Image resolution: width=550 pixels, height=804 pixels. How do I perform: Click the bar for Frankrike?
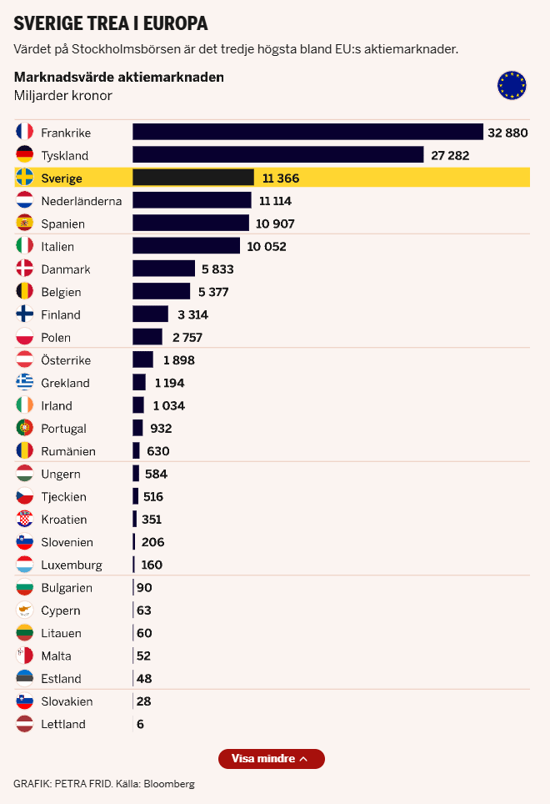307,132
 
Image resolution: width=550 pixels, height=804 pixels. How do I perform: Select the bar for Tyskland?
278,154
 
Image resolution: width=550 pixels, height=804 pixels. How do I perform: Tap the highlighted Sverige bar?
193,178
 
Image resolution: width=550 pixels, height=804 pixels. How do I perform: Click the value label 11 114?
275,201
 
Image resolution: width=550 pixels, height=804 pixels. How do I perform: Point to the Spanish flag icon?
24,224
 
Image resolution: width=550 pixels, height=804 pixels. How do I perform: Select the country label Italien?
57,247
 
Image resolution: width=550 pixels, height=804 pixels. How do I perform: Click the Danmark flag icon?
24,269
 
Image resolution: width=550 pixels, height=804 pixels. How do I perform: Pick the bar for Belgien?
161,292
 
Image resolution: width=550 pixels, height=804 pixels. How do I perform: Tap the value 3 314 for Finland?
192,314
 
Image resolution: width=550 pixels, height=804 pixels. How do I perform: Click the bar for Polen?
147,337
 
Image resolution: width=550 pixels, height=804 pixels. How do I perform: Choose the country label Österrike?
66,360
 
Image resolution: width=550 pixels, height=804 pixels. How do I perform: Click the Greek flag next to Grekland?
24,383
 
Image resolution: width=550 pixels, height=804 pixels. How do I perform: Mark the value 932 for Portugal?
161,429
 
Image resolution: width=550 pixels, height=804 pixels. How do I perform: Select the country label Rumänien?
68,451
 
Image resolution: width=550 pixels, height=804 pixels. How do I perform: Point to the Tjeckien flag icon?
24,496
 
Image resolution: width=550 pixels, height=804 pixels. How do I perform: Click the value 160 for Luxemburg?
152,565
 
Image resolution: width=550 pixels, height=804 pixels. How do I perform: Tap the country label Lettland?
63,724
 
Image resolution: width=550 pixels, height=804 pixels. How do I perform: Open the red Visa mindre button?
271,759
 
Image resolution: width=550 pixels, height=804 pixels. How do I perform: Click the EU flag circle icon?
512,85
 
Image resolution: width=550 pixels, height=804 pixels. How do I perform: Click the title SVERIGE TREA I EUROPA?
111,23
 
